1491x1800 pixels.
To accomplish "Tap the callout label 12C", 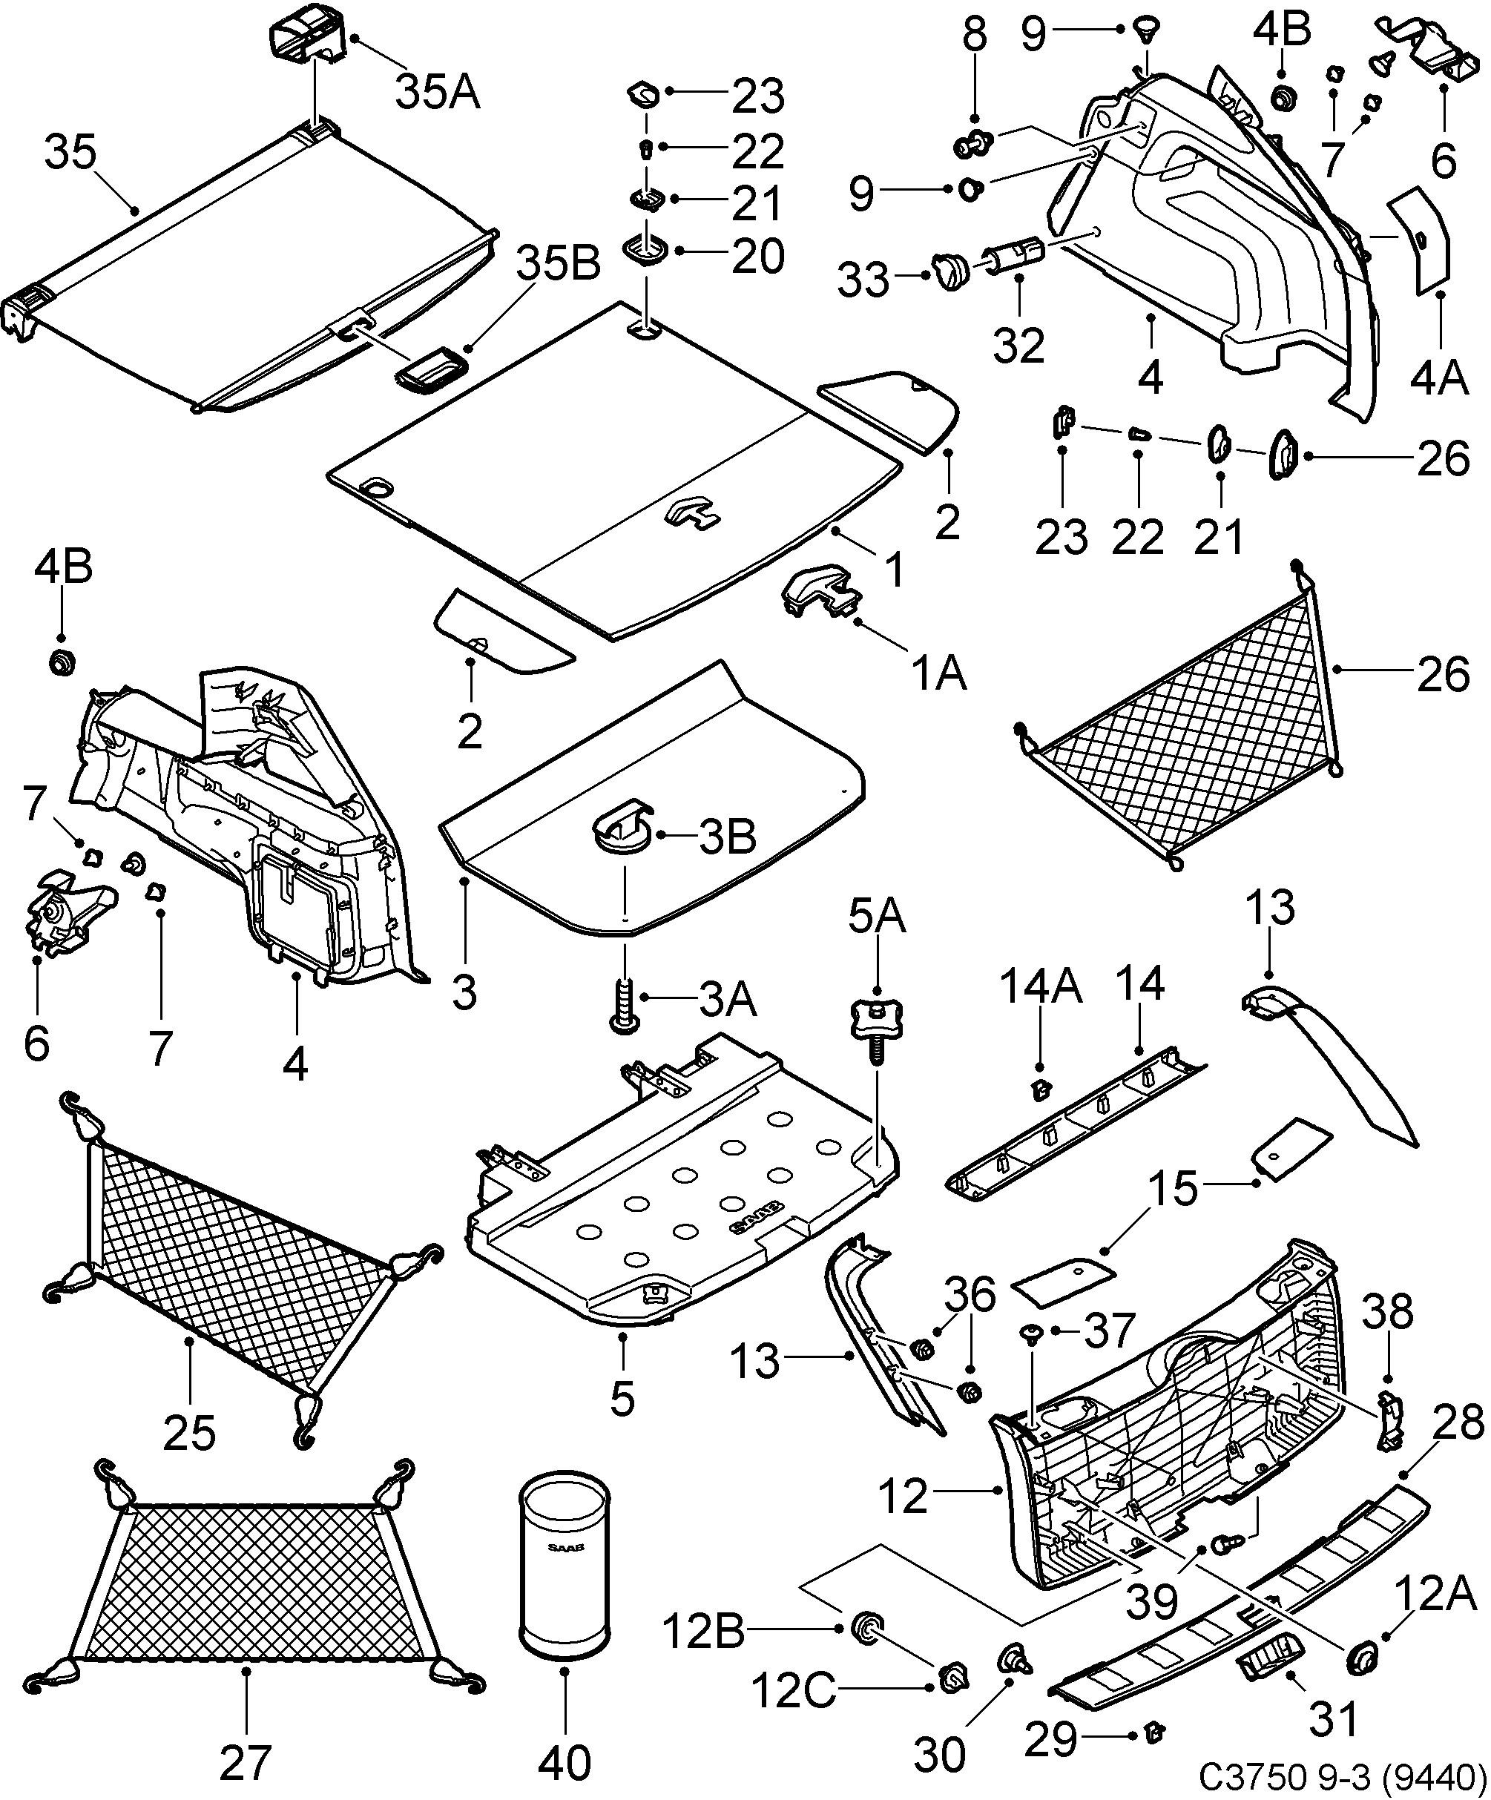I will click(792, 1691).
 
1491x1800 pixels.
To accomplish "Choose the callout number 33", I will click(863, 280).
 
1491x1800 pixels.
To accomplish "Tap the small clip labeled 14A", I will click(1041, 1089).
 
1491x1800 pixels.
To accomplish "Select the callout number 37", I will click(1110, 1332).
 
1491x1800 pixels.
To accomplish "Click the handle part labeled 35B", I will click(430, 369).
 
